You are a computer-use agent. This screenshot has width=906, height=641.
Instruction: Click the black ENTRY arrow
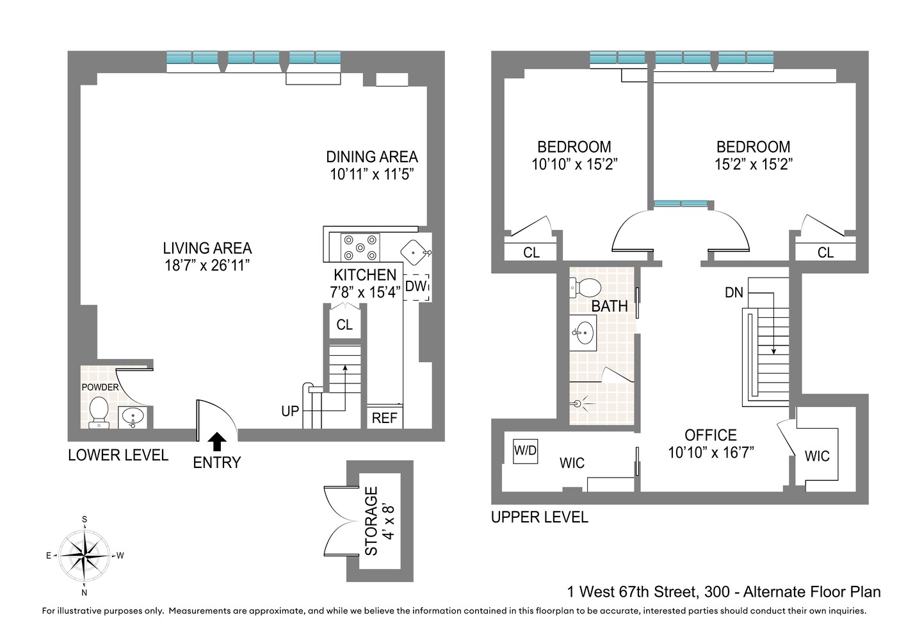[x=218, y=442]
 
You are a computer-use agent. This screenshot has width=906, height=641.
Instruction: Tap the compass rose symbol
[x=85, y=555]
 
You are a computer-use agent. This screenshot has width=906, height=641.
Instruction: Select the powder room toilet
[x=99, y=411]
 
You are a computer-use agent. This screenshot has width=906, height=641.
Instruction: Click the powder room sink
[x=133, y=417]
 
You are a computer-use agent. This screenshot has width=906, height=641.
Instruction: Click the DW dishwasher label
[x=416, y=287]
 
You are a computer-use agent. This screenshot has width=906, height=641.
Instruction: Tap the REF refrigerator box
[x=384, y=418]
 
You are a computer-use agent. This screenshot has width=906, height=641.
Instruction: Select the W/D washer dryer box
[x=525, y=451]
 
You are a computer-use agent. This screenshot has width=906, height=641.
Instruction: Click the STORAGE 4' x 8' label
[x=380, y=520]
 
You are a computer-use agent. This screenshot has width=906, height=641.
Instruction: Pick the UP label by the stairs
[x=290, y=411]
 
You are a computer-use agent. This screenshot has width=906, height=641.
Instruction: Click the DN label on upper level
[x=734, y=292]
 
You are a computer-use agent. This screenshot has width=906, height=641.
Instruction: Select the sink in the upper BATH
[x=584, y=333]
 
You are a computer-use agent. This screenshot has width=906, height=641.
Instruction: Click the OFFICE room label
[x=711, y=435]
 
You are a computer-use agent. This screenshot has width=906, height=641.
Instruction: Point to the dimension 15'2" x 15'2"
[x=753, y=165]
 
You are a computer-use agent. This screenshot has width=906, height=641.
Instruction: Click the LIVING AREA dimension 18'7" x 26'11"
[x=207, y=265]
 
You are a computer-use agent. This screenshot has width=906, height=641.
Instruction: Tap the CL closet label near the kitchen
[x=344, y=325]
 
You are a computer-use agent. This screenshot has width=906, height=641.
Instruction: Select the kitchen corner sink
[x=415, y=251]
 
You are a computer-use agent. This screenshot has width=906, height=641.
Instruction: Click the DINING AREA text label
[x=371, y=157]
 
